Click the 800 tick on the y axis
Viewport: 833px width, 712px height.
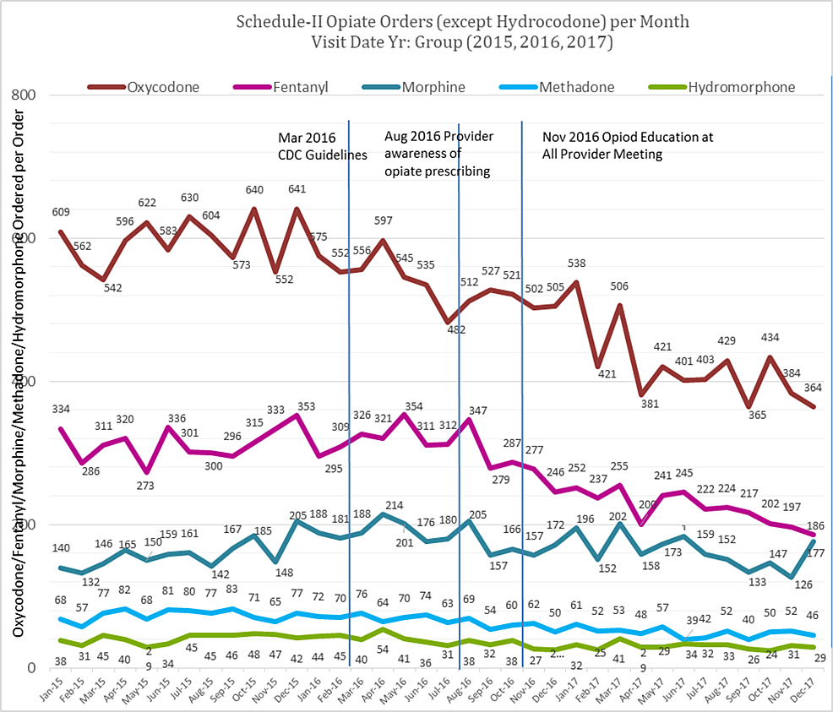point(24,95)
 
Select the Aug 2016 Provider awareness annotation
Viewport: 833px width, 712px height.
point(438,154)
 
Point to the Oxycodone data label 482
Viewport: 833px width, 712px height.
point(456,329)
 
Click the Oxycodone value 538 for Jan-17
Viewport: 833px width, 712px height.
point(575,264)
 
